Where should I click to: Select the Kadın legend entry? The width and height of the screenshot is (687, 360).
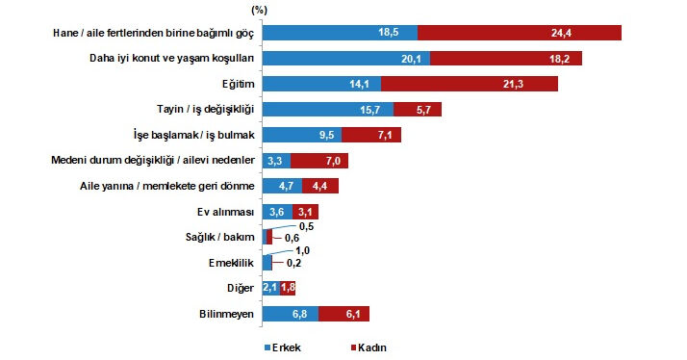[370, 347]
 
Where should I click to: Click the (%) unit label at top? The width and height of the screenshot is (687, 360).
[259, 9]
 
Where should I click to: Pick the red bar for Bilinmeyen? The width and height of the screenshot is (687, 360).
[343, 313]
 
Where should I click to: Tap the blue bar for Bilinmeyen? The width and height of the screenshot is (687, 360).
[289, 313]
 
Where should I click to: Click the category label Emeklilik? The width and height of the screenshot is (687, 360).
[232, 262]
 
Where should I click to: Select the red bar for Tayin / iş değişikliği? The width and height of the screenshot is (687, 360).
[416, 109]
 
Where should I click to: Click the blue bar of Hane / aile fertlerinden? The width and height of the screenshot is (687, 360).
[339, 33]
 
